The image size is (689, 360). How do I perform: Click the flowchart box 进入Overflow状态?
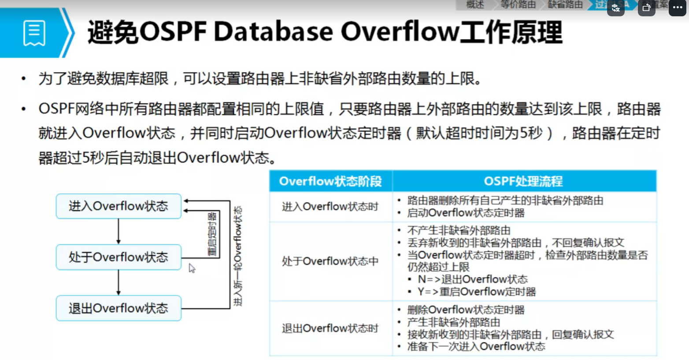click(119, 206)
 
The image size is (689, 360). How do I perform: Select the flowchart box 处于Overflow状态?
click(119, 257)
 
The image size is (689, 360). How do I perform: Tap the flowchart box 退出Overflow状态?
click(119, 308)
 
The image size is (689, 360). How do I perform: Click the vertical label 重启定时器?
click(212, 234)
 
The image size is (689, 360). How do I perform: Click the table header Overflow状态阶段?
click(330, 182)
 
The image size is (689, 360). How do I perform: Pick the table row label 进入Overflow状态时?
click(330, 207)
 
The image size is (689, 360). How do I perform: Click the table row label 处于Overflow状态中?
click(330, 261)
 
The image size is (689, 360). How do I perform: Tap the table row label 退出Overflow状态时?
click(330, 329)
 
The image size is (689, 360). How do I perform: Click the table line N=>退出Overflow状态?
click(473, 279)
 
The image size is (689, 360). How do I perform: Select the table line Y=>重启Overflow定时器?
click(477, 292)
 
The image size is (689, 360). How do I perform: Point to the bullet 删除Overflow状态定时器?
click(466, 310)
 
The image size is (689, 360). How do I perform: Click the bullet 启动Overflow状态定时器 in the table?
click(466, 213)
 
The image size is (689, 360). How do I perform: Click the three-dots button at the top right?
click(677, 7)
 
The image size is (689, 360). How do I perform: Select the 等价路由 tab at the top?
click(518, 5)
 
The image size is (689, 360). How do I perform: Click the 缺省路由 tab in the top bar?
click(565, 5)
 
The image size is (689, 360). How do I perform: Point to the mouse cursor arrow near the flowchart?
click(192, 268)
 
